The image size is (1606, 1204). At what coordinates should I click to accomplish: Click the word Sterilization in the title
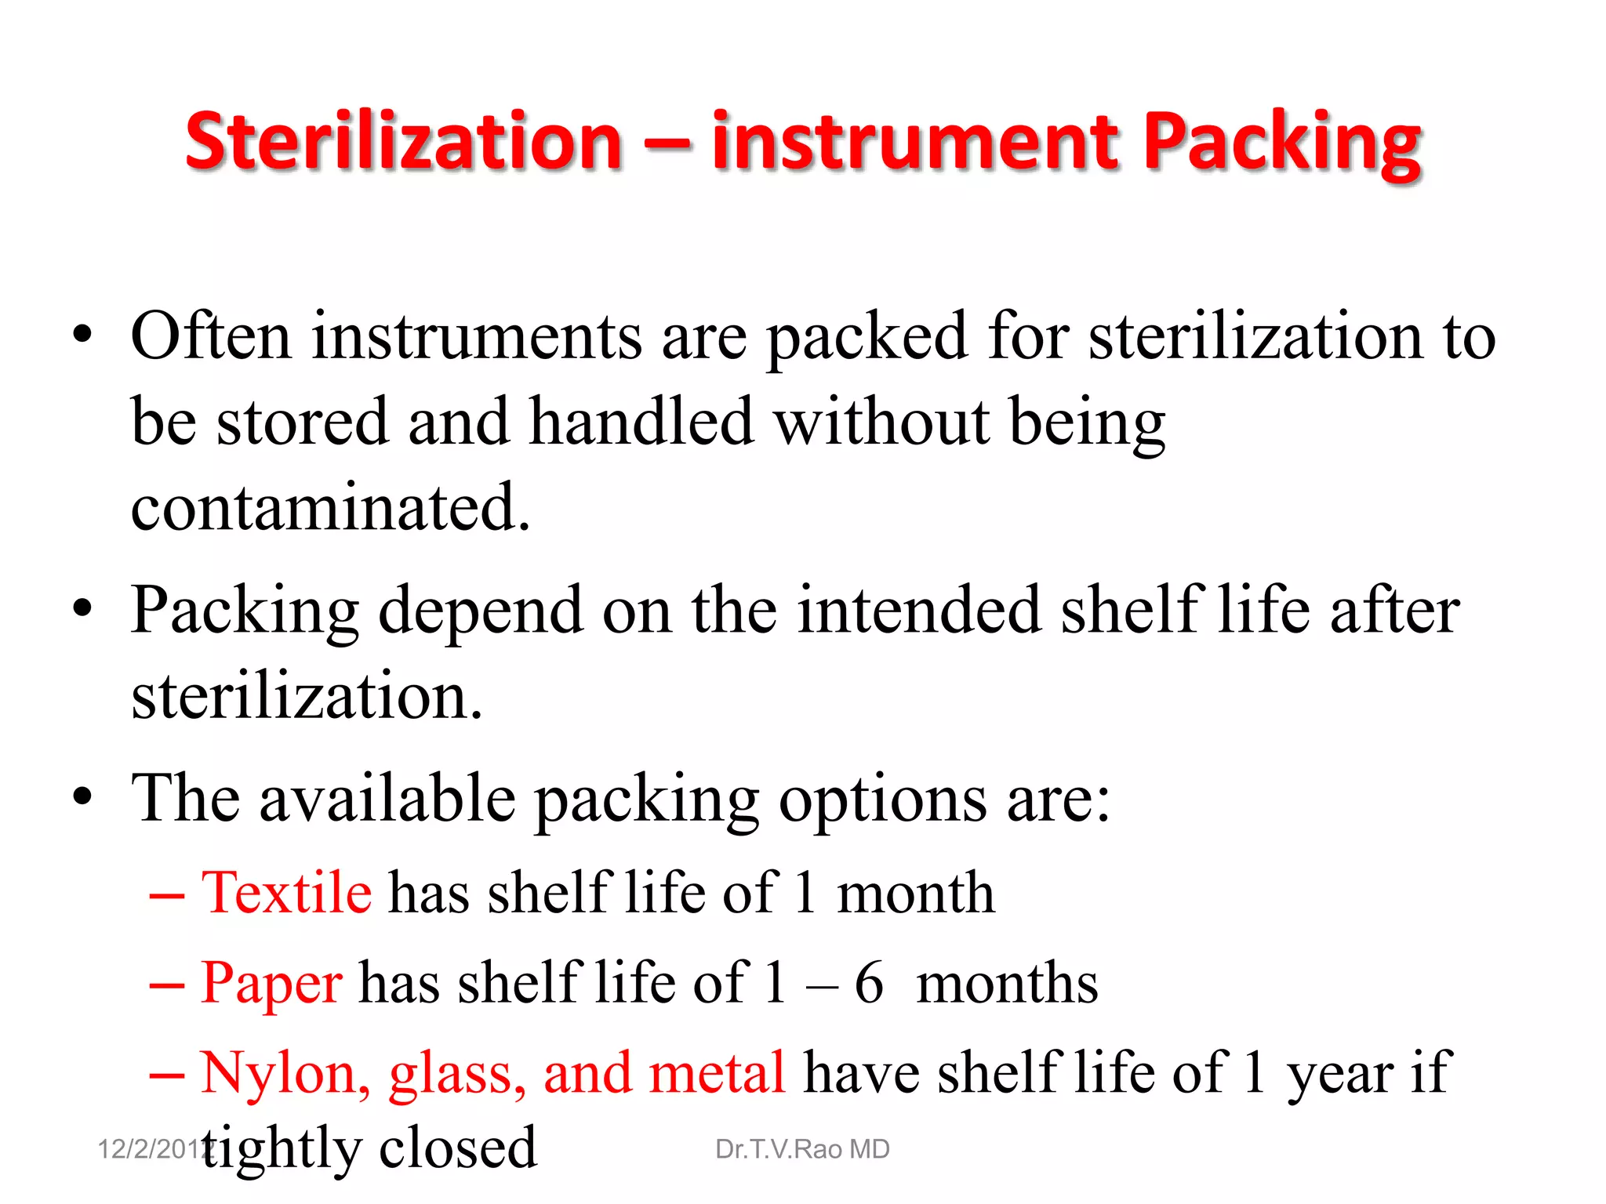[403, 141]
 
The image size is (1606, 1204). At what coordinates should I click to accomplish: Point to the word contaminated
[330, 508]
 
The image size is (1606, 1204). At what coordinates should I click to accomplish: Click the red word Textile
[286, 893]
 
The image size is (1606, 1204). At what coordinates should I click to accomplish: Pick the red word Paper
[271, 983]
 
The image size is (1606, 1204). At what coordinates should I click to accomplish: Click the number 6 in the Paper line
[869, 983]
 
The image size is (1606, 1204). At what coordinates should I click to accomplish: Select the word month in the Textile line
[916, 893]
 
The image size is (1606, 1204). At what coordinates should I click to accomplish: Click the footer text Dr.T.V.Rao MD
[802, 1149]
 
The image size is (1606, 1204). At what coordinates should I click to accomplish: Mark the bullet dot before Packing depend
[82, 608]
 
